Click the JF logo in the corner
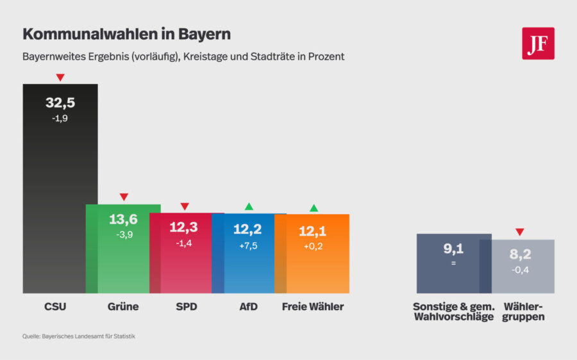(538, 44)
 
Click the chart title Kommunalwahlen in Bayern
(126, 34)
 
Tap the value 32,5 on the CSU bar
(60, 102)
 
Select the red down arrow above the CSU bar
(60, 78)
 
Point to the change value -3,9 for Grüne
(123, 234)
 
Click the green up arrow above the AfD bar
(249, 206)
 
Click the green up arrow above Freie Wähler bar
(314, 208)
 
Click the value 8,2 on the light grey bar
(520, 254)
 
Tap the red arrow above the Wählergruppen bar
(520, 232)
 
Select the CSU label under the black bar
(54, 307)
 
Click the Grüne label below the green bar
(123, 307)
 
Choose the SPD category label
(186, 307)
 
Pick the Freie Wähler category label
(313, 307)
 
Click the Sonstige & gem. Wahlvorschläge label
(453, 312)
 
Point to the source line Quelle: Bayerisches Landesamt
(79, 336)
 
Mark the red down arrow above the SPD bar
(185, 206)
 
